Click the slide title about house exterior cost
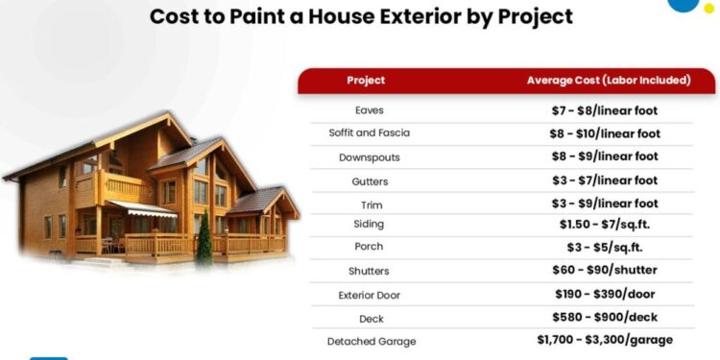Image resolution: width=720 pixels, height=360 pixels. (361, 17)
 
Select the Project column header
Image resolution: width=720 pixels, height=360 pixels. (366, 81)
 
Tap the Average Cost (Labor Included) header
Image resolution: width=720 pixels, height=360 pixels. (608, 81)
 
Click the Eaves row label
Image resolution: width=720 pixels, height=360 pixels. (369, 110)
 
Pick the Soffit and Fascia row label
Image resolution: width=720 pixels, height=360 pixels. (369, 133)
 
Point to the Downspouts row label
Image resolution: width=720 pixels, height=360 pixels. (369, 156)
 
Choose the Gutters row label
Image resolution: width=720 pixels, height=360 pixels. (369, 180)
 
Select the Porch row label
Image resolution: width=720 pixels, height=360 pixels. (369, 247)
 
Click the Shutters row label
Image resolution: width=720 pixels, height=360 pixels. (369, 271)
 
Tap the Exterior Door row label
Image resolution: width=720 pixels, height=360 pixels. (369, 295)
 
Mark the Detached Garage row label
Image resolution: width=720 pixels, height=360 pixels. (369, 341)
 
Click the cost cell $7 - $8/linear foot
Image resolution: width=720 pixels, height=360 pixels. (608, 110)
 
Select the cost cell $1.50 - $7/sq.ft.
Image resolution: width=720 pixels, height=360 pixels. (608, 224)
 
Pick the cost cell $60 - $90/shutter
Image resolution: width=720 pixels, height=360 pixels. (608, 271)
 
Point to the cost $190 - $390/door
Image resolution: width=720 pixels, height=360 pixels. (608, 294)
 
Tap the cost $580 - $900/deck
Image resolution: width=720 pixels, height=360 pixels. (608, 317)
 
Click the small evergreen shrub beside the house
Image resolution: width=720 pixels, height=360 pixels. (204, 241)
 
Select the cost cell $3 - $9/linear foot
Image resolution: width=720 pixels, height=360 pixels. (608, 204)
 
